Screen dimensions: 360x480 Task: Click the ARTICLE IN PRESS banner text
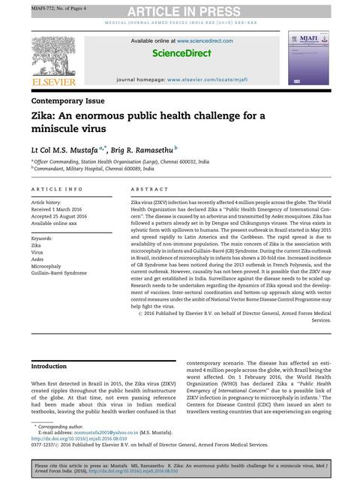pos(179,10)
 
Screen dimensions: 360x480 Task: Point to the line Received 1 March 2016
pos(60,210)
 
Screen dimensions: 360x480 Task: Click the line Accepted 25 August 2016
pos(62,217)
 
